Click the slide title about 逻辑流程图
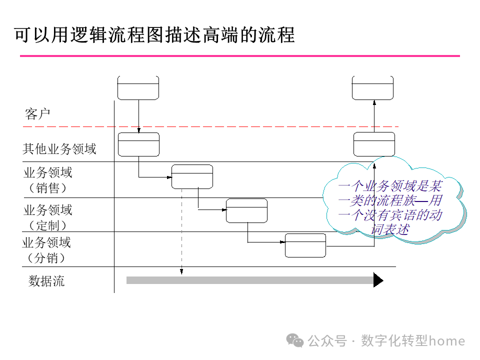154,34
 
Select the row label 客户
37,114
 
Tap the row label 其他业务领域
59,148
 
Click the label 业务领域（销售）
47,180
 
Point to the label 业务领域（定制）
47,217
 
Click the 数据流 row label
46,281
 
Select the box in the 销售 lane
192,176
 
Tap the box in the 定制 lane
246,210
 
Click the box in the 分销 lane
305,245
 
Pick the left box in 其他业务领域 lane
138,144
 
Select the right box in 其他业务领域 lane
374,144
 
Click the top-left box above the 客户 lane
138,88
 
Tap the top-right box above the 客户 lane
372,88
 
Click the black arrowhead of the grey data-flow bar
378,280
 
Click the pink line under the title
239,56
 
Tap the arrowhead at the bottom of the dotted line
181,272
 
